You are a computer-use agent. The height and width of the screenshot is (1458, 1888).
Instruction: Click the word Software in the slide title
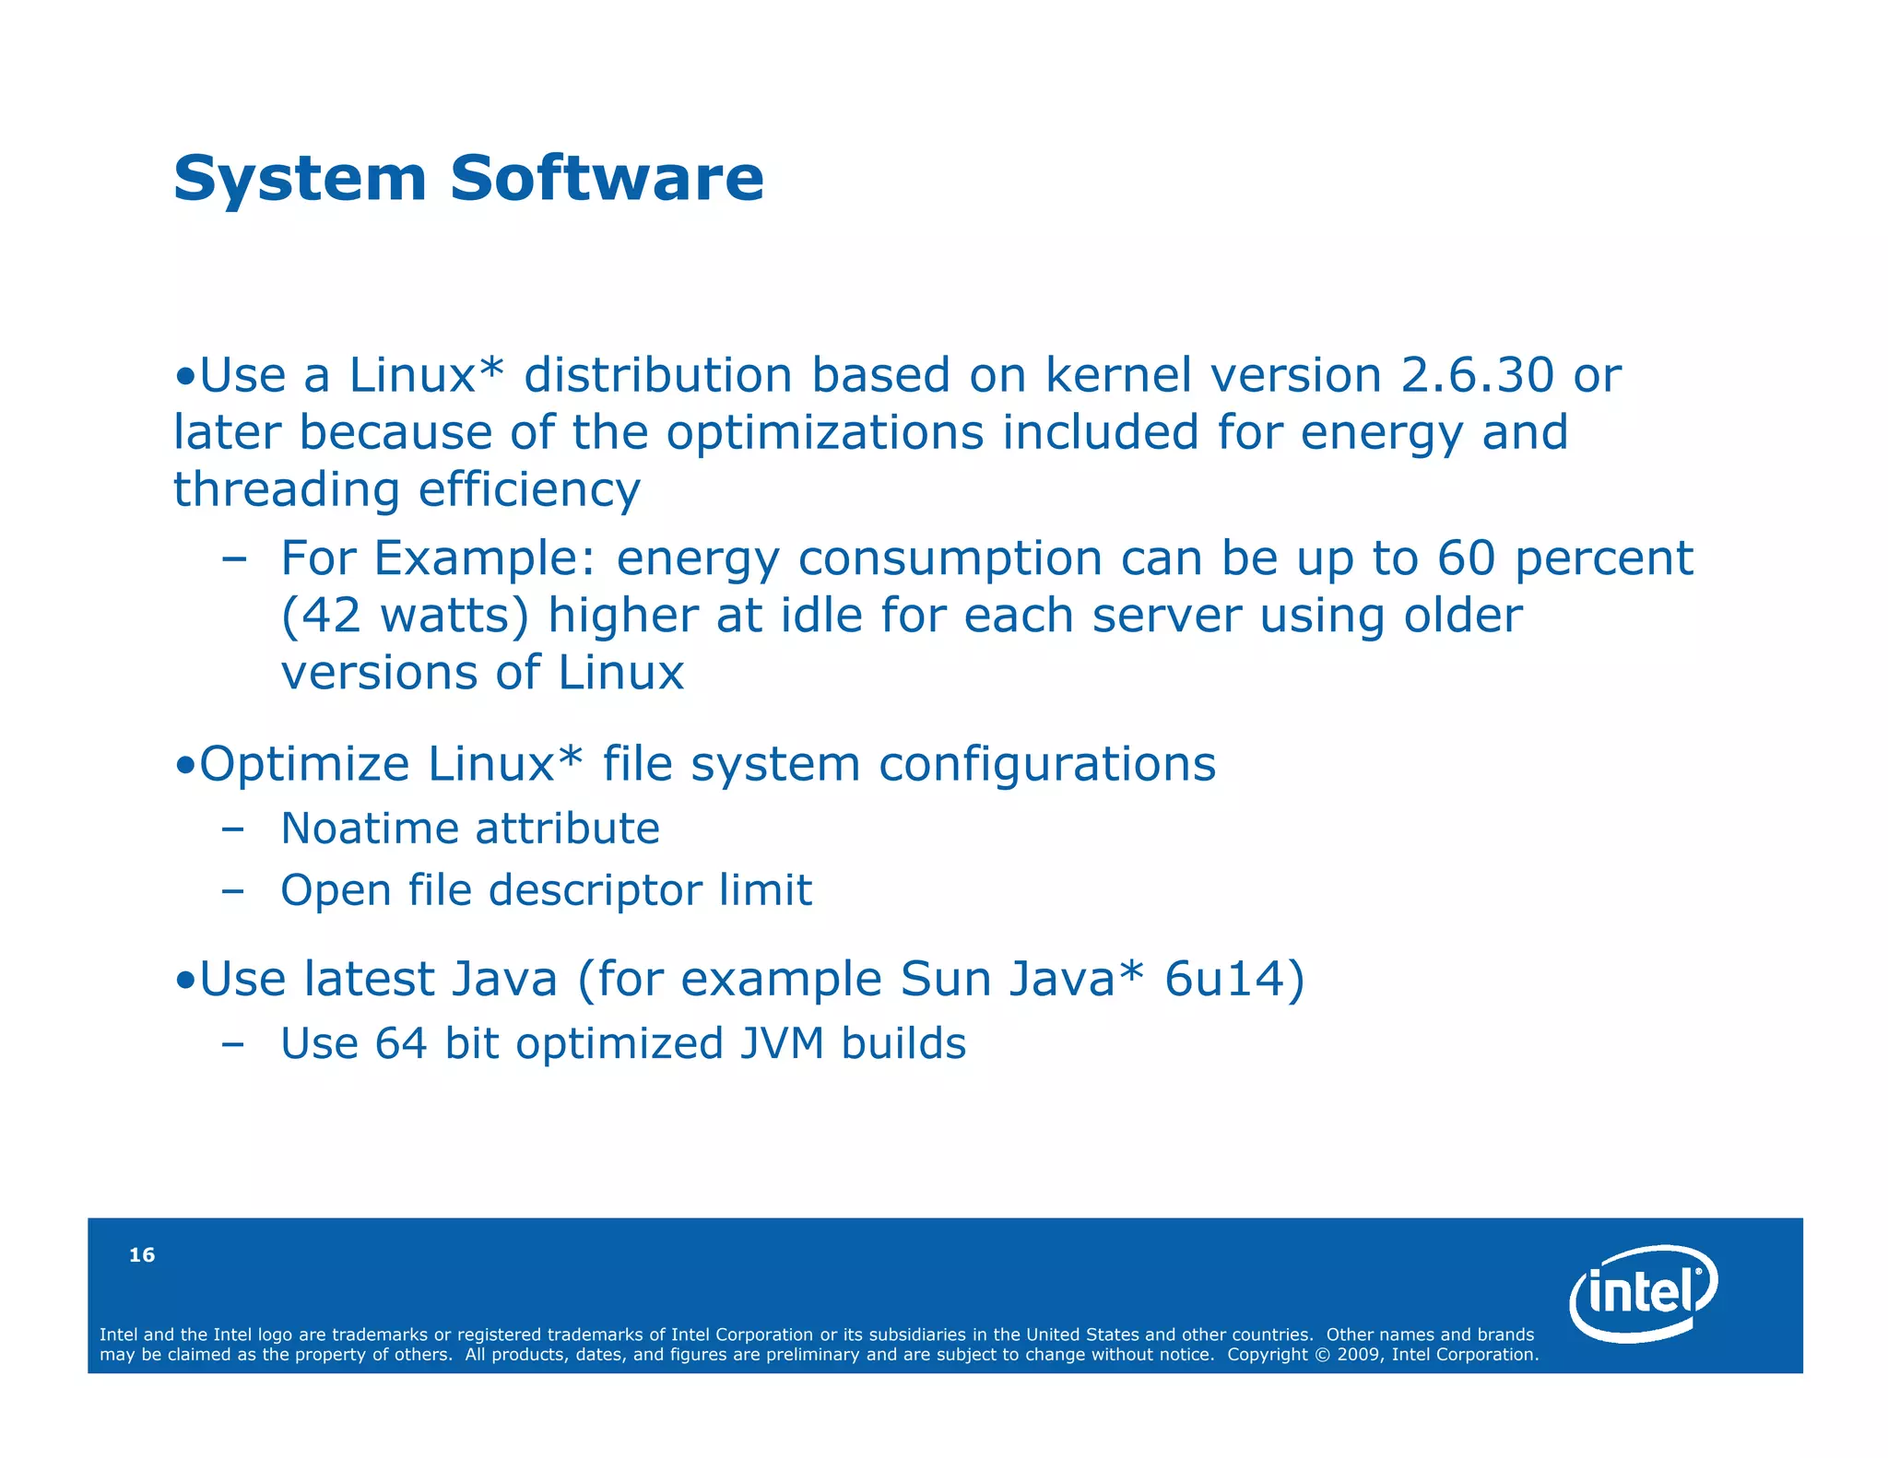[x=607, y=178]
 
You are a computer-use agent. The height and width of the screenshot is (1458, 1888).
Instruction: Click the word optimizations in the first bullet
[x=825, y=432]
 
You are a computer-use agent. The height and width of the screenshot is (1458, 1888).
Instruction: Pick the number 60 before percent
[x=1466, y=558]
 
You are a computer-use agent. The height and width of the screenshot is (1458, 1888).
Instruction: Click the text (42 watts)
[x=405, y=615]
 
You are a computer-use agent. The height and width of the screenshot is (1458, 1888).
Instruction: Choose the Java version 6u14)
[x=1234, y=979]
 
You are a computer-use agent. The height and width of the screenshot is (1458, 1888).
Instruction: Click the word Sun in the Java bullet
[x=945, y=979]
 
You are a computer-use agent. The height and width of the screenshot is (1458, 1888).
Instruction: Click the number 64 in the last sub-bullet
[x=401, y=1044]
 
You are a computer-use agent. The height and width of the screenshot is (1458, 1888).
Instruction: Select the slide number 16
[x=142, y=1255]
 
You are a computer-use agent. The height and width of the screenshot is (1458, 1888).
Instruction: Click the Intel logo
[x=1643, y=1293]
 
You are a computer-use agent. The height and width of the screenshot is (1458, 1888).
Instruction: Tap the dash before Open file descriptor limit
[x=233, y=891]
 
